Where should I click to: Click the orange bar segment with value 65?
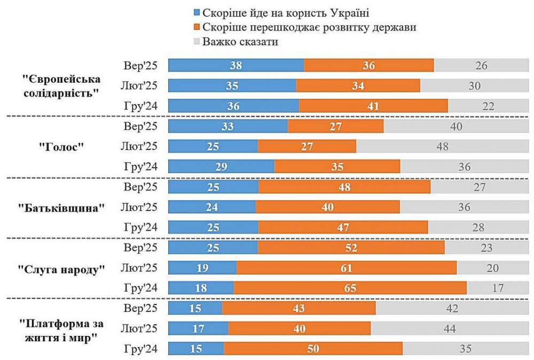click(x=350, y=288)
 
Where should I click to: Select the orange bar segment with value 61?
click(x=347, y=268)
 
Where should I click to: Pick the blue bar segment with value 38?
click(x=236, y=66)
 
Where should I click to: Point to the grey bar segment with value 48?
click(x=442, y=146)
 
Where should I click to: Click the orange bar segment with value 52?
click(x=351, y=248)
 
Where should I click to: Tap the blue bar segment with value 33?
click(x=228, y=127)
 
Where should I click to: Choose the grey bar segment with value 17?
click(x=498, y=288)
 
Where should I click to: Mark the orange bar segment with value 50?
click(x=313, y=349)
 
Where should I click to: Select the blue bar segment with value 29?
click(x=221, y=167)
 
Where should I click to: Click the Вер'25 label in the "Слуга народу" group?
click(x=140, y=248)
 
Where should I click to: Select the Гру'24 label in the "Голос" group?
click(x=140, y=167)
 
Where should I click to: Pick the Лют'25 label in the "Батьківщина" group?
click(x=140, y=207)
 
